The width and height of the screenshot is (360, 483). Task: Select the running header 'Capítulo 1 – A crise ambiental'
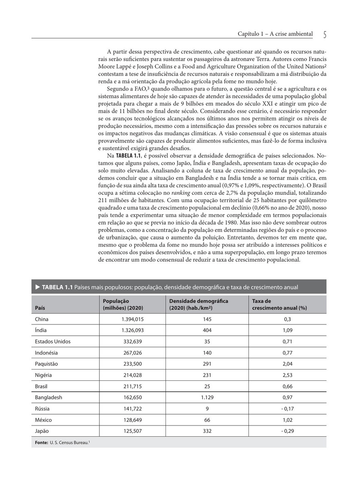tap(275, 34)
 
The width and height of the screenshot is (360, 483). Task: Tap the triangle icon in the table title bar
tap(37, 287)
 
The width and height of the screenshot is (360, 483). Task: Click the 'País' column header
tap(40, 308)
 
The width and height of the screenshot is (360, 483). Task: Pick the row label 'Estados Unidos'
tap(53, 342)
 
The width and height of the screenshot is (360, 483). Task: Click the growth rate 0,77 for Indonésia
tap(287, 353)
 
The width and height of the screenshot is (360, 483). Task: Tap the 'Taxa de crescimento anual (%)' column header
tap(279, 304)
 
